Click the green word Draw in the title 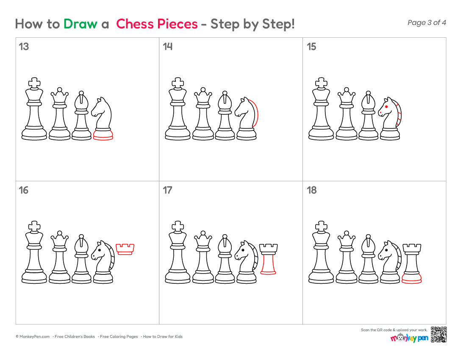(80, 24)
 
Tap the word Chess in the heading (135, 24)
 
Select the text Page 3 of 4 (427, 22)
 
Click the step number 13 (24, 47)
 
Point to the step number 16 (23, 190)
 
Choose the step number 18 (312, 190)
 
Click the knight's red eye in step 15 (386, 107)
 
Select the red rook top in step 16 (125, 249)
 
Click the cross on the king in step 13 (34, 83)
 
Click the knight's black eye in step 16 (99, 250)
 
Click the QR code (438, 335)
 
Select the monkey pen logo (409, 338)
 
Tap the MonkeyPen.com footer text (33, 337)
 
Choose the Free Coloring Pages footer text (119, 337)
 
